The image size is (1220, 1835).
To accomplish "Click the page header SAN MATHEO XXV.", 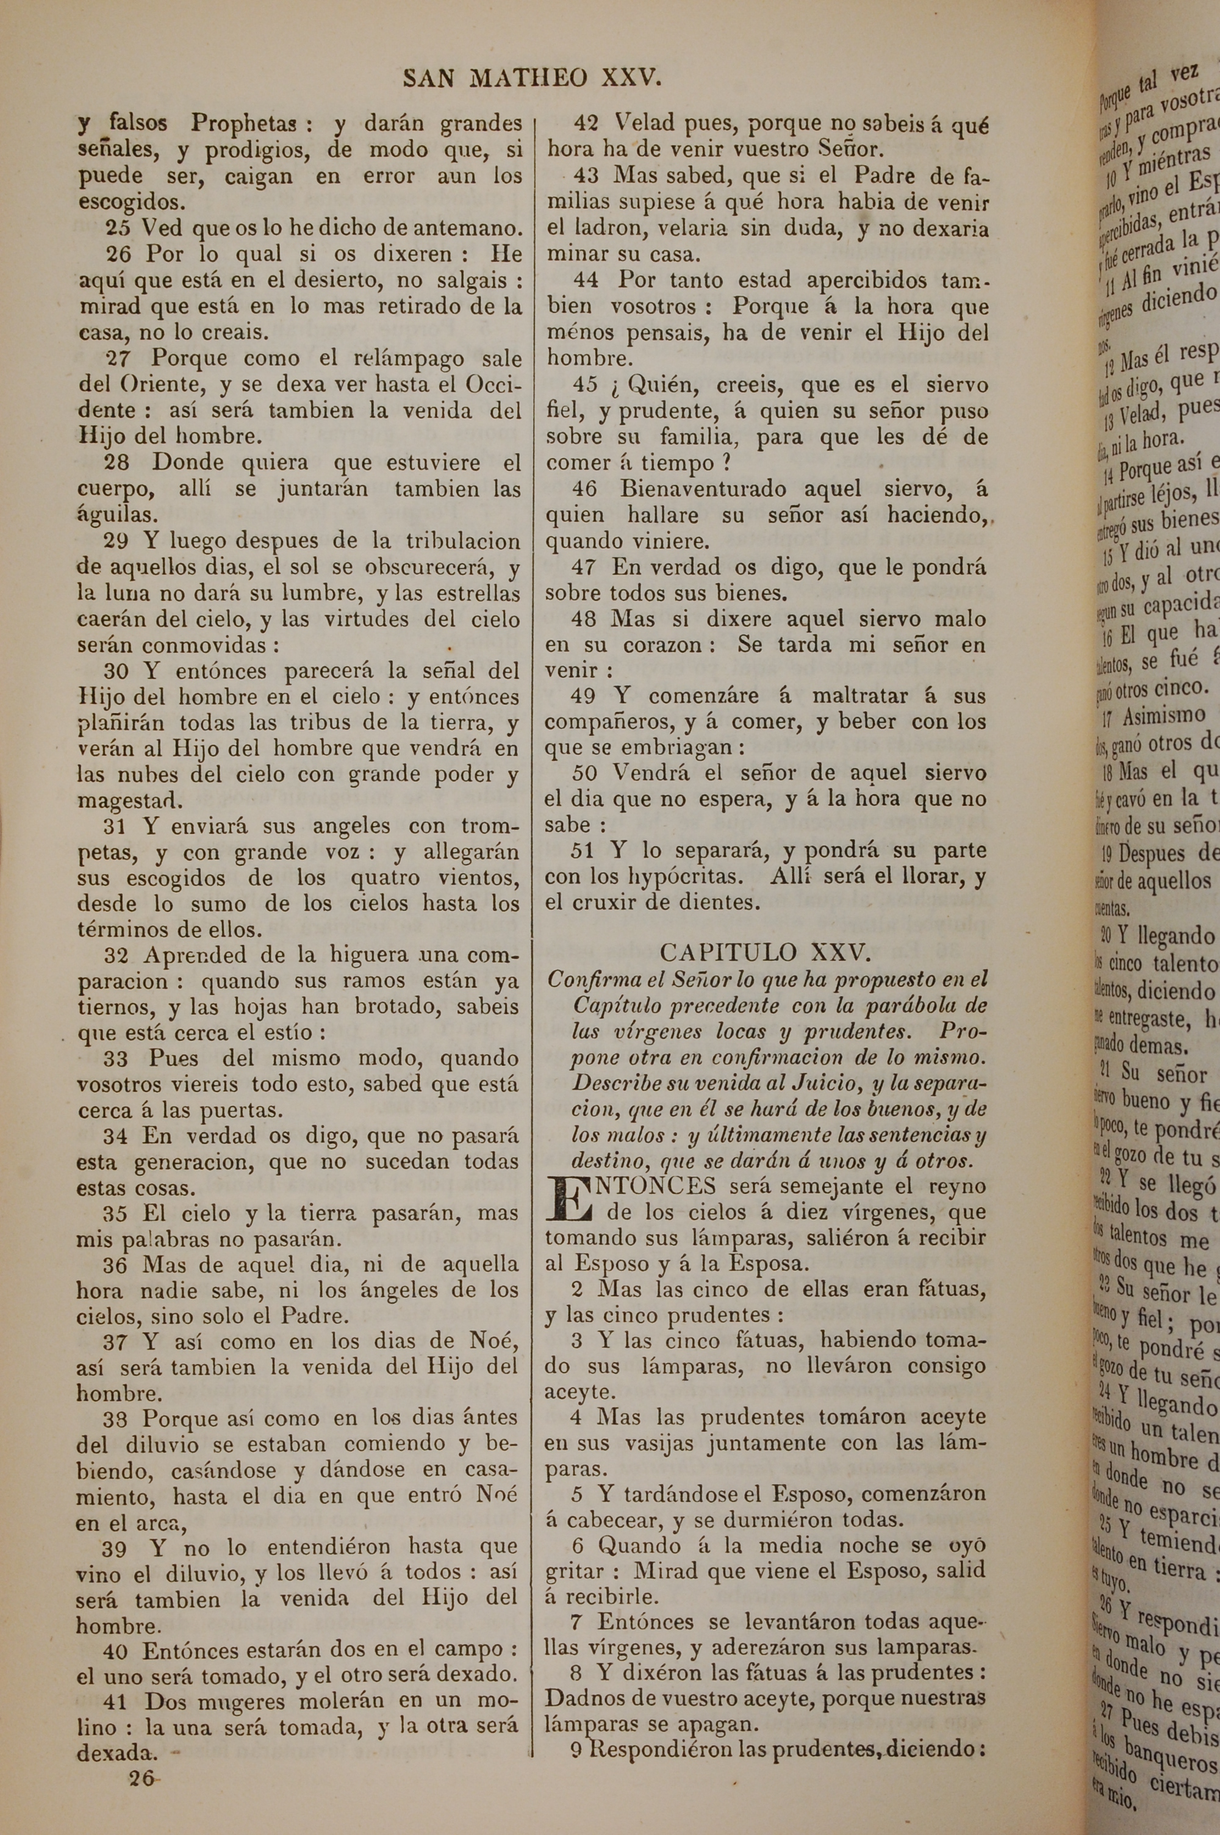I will tap(532, 78).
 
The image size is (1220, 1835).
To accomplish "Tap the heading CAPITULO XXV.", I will tap(765, 953).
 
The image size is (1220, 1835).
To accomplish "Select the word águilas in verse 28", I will tap(107, 515).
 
